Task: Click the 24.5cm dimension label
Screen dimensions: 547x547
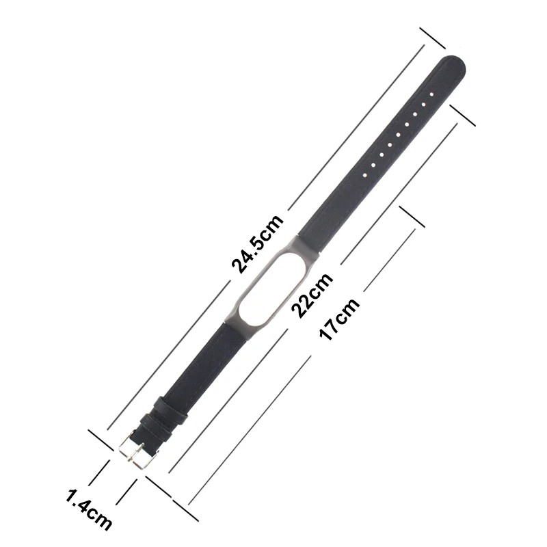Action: click(x=258, y=244)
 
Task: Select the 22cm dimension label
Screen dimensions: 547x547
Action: click(x=312, y=295)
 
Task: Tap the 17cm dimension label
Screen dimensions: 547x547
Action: click(x=339, y=319)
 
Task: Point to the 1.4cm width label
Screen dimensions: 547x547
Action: click(x=89, y=509)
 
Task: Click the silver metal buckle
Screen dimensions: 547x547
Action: click(x=137, y=451)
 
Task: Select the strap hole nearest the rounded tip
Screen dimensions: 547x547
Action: click(x=431, y=94)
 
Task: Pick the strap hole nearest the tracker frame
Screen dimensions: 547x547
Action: click(x=365, y=175)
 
